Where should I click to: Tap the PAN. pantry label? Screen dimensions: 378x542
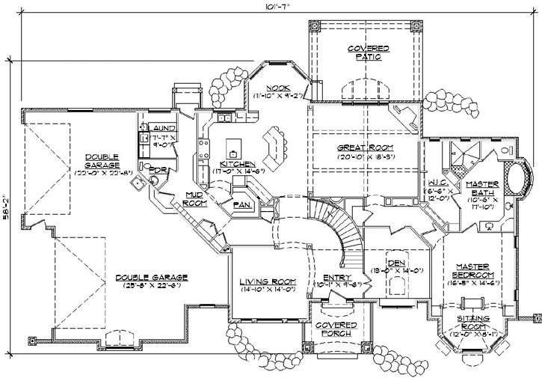point(241,204)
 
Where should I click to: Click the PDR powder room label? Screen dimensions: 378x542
point(156,171)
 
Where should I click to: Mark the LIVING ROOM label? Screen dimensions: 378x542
point(268,281)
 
